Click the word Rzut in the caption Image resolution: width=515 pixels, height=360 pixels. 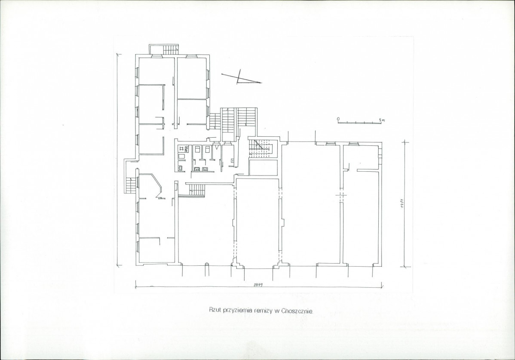(215, 310)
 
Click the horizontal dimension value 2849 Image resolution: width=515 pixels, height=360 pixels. (258, 285)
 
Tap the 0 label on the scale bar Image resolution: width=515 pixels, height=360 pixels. (337, 119)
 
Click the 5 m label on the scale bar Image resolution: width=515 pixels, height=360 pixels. (382, 120)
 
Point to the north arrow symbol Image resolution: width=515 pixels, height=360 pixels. (242, 77)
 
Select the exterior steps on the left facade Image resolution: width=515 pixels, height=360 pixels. (131, 185)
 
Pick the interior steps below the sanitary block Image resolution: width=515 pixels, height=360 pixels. (197, 189)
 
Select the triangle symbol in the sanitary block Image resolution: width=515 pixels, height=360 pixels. (217, 148)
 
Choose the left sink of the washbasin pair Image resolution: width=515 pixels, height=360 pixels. (197, 169)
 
